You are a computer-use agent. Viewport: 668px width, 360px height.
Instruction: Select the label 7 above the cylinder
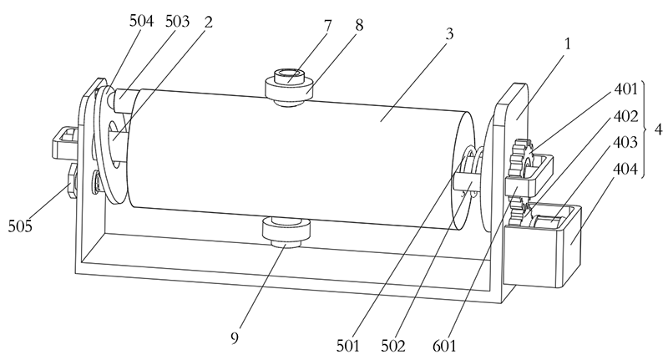(328, 25)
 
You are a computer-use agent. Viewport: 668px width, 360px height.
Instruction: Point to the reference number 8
(359, 25)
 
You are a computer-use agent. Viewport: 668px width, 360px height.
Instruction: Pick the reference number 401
(625, 88)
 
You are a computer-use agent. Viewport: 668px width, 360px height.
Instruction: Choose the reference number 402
(625, 116)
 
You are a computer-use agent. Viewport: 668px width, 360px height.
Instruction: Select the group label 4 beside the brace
(659, 130)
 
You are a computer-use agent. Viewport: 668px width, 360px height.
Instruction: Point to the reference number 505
(23, 225)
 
